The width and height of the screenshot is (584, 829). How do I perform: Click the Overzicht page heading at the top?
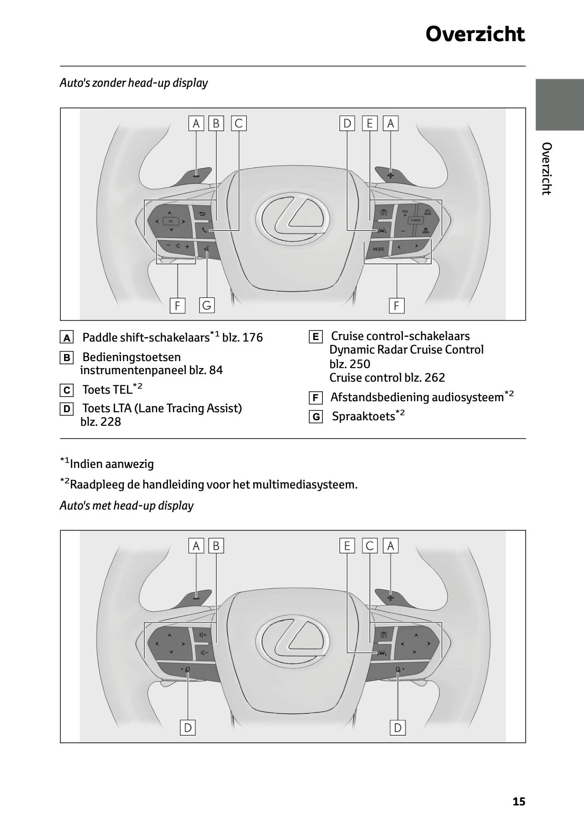[475, 34]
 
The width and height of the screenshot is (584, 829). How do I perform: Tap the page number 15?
[519, 801]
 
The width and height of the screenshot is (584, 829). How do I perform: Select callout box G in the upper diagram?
[207, 305]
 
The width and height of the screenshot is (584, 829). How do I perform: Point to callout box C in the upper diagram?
[239, 123]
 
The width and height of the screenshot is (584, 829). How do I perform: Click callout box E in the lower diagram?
[346, 546]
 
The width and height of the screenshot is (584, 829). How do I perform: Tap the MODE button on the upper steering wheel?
[378, 249]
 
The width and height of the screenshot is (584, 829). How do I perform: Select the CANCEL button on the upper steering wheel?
[416, 221]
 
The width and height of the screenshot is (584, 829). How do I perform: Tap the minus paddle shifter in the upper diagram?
[196, 176]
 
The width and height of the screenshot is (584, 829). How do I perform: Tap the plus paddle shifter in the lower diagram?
[391, 597]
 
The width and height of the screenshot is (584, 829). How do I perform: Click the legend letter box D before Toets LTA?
[66, 409]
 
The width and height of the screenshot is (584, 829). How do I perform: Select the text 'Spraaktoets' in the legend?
[363, 416]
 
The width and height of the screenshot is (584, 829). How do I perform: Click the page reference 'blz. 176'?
[242, 338]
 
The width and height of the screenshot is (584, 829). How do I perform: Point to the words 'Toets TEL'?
[107, 390]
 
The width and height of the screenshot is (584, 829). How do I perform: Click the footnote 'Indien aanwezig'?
[111, 464]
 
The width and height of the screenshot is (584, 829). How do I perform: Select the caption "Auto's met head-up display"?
[126, 506]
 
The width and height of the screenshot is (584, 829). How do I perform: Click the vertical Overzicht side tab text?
[547, 169]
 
